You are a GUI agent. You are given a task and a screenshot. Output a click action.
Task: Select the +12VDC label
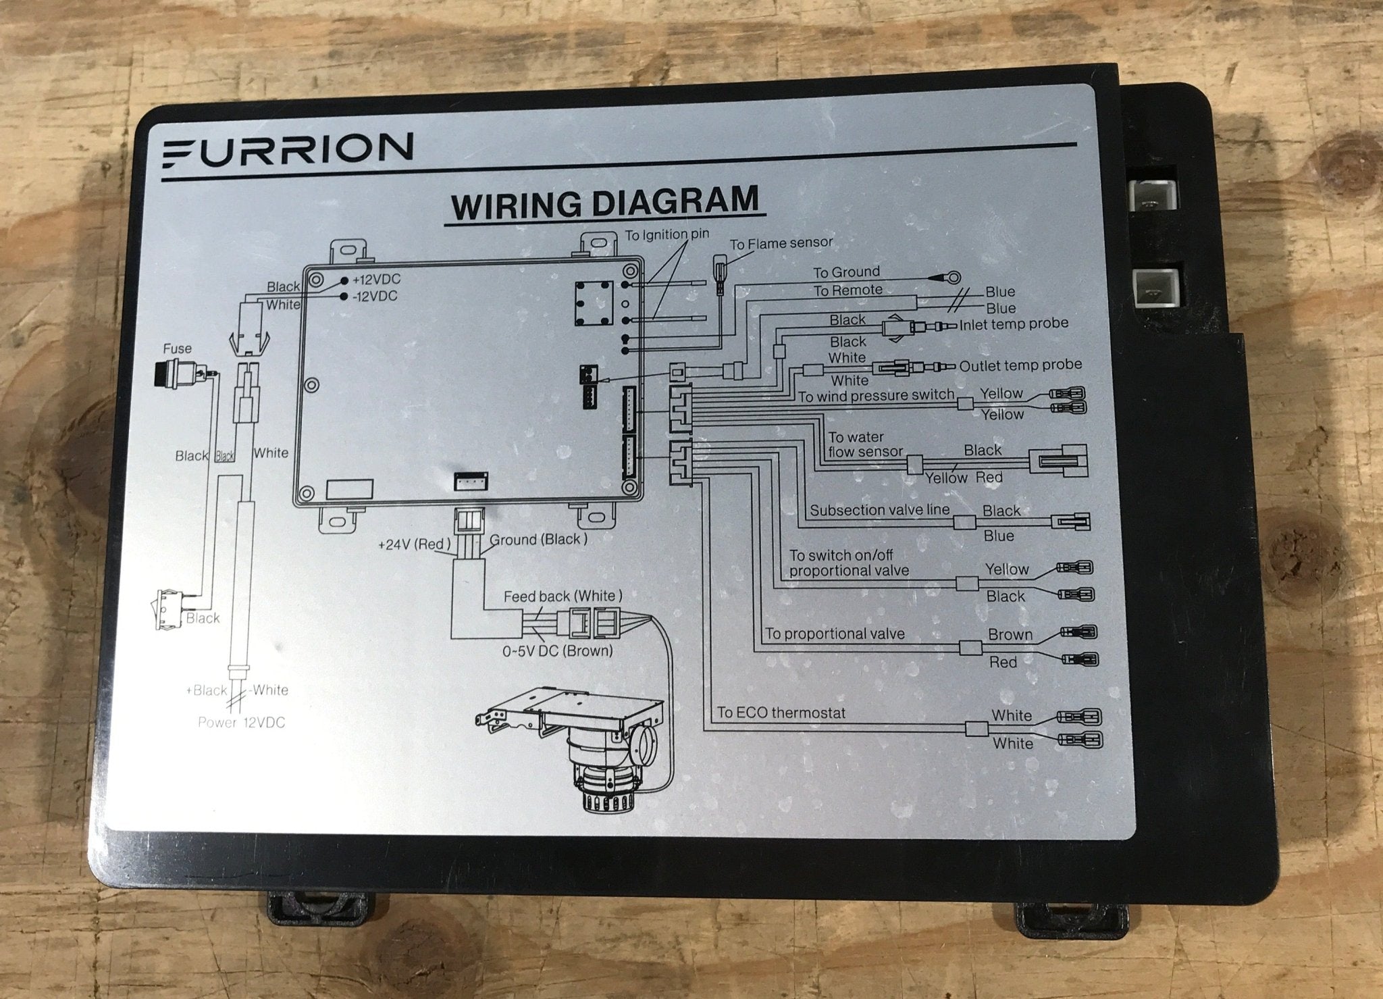[376, 280]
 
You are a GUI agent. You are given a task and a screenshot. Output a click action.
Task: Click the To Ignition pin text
[667, 236]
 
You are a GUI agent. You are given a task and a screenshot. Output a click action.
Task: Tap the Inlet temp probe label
[1013, 324]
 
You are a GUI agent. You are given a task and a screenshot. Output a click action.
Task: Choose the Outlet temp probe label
[1020, 365]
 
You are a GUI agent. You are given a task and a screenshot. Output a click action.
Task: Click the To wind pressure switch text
[876, 396]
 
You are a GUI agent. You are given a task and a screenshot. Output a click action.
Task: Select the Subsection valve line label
[879, 510]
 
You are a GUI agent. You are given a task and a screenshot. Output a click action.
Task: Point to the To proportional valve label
[835, 634]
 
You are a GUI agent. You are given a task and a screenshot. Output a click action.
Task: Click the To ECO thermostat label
[781, 713]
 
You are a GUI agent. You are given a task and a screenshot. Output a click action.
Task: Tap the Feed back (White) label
[563, 596]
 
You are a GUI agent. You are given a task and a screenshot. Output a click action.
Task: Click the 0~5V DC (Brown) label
[557, 651]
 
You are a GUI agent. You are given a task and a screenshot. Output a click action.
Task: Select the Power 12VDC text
[241, 723]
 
